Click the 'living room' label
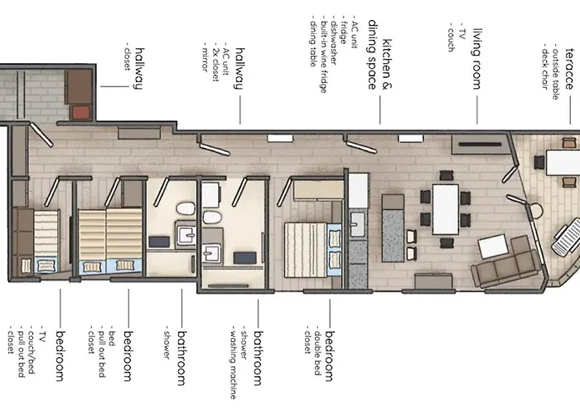(x=477, y=59)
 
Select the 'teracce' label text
(x=570, y=69)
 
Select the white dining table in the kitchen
(x=446, y=209)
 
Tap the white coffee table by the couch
(x=493, y=246)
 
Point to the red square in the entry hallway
(x=81, y=112)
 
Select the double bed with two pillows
(x=313, y=249)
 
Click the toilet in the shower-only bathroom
(x=186, y=208)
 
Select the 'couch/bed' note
(x=31, y=349)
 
